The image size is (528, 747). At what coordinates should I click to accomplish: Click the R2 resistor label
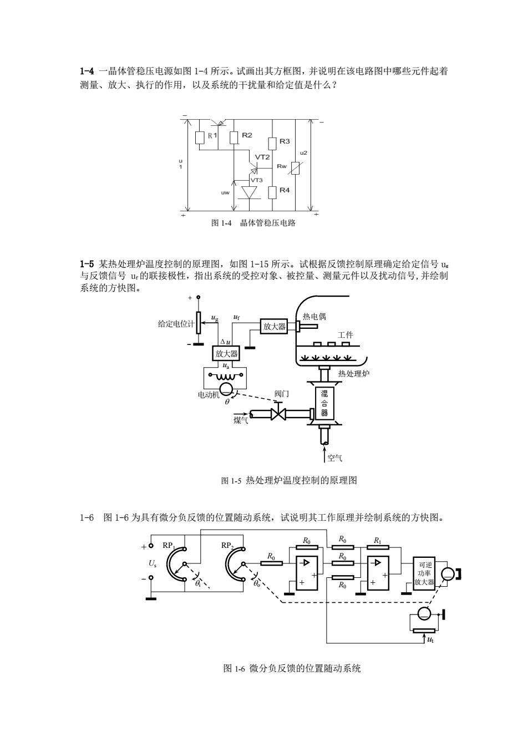tap(247, 135)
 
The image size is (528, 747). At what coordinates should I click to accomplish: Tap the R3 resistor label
tap(285, 141)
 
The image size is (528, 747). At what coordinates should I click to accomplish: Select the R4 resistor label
tap(285, 190)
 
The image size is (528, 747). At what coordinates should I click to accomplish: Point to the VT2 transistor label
tap(262, 157)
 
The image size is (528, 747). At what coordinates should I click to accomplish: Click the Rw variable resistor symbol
tap(296, 168)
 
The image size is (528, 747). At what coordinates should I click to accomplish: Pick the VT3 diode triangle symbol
tap(249, 193)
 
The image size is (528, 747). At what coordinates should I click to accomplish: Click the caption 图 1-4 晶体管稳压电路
tap(253, 223)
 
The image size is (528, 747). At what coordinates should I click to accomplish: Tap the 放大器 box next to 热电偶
tap(274, 326)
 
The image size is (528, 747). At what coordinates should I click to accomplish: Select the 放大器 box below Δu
tap(226, 353)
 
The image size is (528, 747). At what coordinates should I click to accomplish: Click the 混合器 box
tap(324, 403)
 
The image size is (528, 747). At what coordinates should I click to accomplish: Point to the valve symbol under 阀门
tap(278, 414)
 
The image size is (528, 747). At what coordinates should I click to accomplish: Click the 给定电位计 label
tap(176, 324)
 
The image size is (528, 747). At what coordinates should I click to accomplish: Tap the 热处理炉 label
tap(354, 374)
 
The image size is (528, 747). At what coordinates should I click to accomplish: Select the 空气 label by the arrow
tap(334, 458)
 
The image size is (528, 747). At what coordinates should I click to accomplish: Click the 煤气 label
tap(241, 420)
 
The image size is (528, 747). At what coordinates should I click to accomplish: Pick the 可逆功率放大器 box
tap(424, 573)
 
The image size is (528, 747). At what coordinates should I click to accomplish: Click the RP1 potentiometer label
tap(169, 546)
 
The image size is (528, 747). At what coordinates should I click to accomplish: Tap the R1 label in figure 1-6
tap(378, 540)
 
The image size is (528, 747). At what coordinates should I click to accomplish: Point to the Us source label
tap(153, 563)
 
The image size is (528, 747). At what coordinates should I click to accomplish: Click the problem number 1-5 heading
tap(87, 264)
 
